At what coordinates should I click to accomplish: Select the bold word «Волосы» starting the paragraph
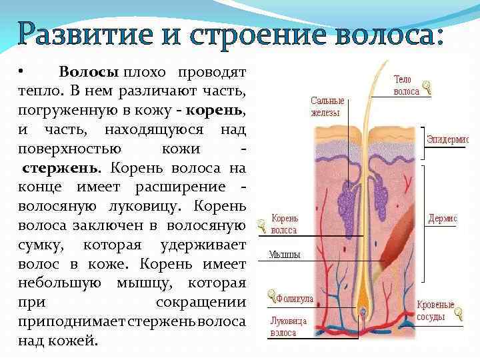89,71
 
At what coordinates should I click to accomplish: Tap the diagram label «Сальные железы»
327,107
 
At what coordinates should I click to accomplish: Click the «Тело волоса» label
406,85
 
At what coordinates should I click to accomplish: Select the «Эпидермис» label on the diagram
447,139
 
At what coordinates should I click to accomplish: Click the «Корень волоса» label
285,224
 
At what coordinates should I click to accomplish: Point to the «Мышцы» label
285,255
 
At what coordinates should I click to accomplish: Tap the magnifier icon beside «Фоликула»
271,293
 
